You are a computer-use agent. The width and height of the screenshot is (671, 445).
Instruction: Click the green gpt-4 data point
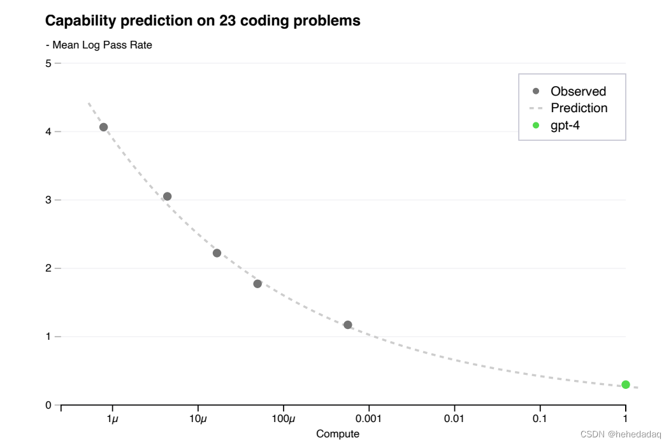pos(626,384)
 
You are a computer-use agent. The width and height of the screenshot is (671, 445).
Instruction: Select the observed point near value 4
pos(104,127)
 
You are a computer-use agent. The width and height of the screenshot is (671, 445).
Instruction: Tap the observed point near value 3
pos(167,196)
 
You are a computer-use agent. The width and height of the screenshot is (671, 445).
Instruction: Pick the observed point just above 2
pos(217,253)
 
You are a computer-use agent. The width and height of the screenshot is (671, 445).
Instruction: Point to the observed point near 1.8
pos(257,284)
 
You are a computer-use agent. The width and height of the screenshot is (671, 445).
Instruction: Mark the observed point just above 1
pos(348,325)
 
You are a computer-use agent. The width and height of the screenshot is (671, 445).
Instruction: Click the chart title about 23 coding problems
pos(203,21)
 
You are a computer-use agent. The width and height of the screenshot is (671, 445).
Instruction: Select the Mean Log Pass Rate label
pos(99,45)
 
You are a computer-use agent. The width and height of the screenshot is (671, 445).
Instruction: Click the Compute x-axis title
pos(338,434)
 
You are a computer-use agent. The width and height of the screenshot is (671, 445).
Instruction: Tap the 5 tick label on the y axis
pos(48,63)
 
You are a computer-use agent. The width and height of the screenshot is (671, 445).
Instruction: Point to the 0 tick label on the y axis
pos(48,405)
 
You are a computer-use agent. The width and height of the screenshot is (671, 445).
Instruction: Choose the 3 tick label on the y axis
pos(48,200)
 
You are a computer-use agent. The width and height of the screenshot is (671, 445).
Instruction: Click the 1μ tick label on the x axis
pos(113,419)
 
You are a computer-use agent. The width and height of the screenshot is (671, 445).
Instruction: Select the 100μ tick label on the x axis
pos(284,419)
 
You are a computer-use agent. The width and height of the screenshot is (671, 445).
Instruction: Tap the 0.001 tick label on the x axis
pos(369,419)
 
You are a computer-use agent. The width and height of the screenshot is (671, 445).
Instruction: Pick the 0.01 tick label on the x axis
pos(454,419)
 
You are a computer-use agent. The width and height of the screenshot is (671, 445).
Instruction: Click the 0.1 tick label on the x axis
pos(540,419)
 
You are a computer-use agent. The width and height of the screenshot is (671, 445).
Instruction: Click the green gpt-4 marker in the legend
pos(536,125)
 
